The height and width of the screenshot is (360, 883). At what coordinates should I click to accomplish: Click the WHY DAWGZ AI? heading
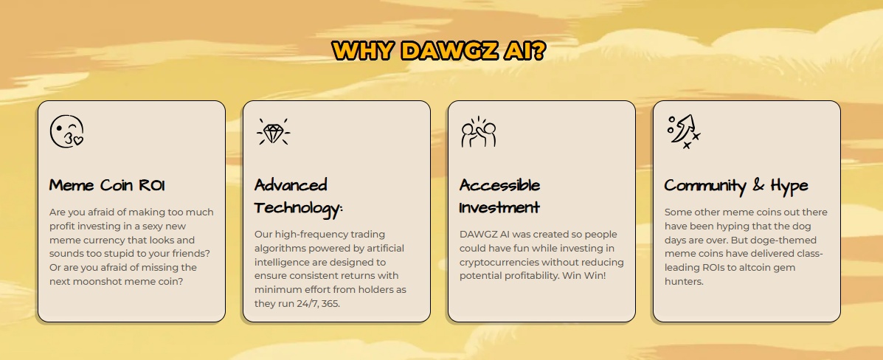(439, 51)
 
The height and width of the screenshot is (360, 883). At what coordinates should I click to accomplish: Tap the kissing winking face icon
(66, 131)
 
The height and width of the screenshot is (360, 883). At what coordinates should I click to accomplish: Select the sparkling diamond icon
(273, 131)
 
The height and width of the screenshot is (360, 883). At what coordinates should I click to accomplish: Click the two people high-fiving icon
(479, 132)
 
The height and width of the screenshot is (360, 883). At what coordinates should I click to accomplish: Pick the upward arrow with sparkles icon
(683, 132)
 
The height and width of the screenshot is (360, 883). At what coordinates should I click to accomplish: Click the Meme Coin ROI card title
(107, 185)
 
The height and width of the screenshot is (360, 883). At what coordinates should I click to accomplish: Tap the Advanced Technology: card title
(299, 197)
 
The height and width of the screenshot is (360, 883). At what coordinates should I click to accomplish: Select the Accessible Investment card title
(500, 196)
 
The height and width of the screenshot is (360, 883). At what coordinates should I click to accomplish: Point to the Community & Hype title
(736, 186)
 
